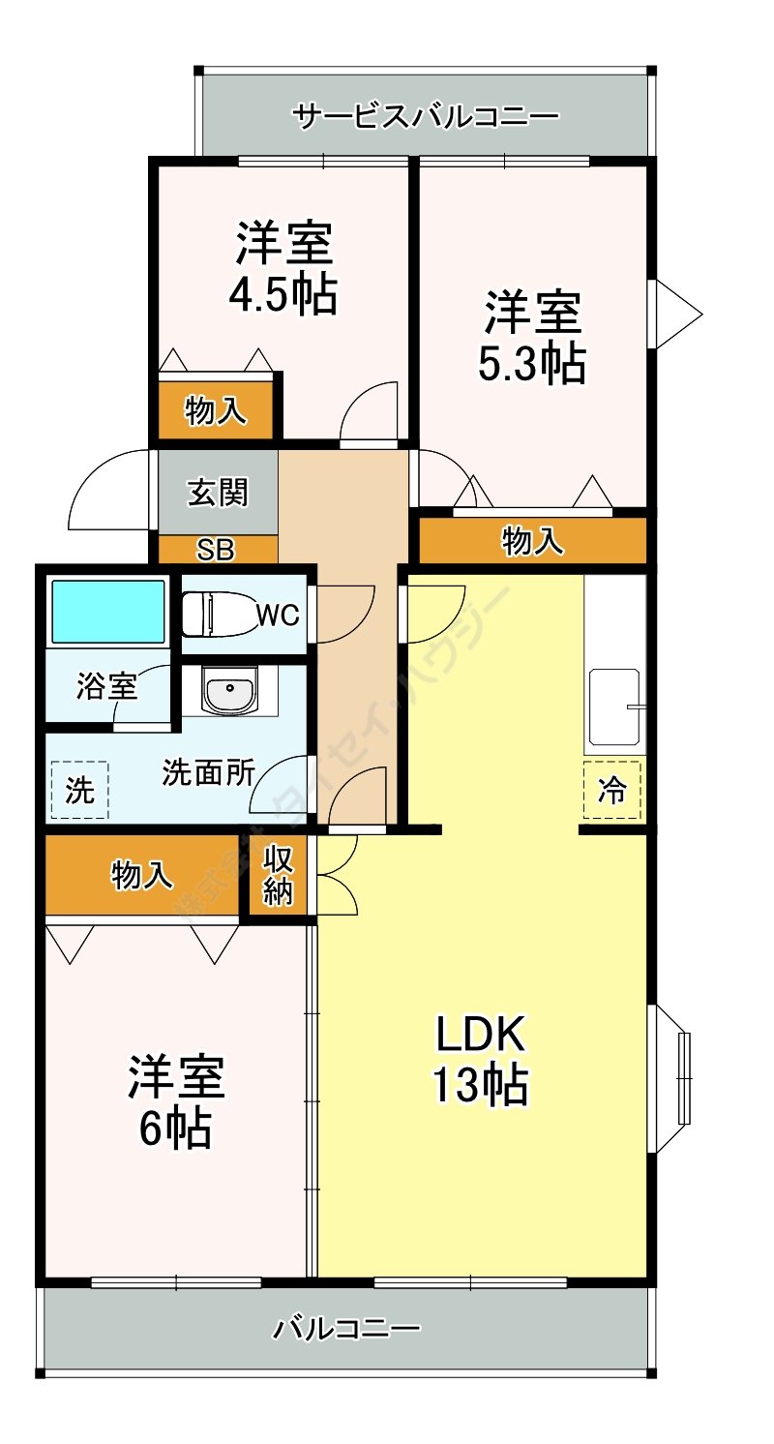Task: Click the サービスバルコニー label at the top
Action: (x=426, y=117)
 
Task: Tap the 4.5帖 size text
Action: (x=283, y=295)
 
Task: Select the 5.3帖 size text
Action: (x=531, y=363)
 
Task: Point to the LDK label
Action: (x=480, y=1036)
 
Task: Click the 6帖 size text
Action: (x=176, y=1128)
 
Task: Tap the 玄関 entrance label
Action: (x=218, y=493)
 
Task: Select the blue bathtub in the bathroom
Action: (x=108, y=612)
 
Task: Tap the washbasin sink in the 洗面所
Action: (x=230, y=692)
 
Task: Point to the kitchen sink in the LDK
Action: (x=614, y=707)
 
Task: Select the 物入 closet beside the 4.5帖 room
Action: (x=215, y=412)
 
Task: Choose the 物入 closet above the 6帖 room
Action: (x=143, y=875)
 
